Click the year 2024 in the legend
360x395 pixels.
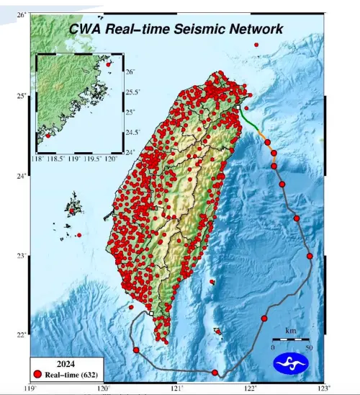pyautogui.click(x=66, y=363)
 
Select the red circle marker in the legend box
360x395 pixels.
pyautogui.click(x=37, y=374)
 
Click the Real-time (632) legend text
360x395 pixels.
pyautogui.click(x=71, y=374)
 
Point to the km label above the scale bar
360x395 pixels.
pyautogui.click(x=290, y=331)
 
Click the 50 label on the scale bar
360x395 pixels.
pyautogui.click(x=309, y=347)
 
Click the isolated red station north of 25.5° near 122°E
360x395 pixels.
pyautogui.click(x=256, y=45)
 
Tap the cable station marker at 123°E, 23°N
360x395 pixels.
pyautogui.click(x=310, y=256)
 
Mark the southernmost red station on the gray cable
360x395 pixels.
pyautogui.click(x=215, y=372)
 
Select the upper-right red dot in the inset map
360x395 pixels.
pyautogui.click(x=109, y=64)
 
